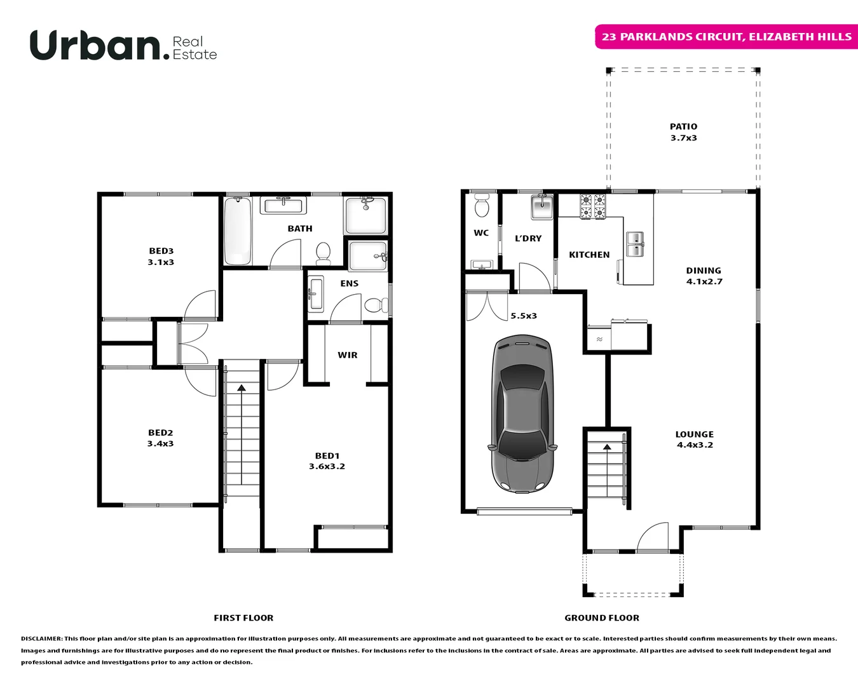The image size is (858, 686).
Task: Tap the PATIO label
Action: pos(683,127)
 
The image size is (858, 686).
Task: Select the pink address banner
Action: pos(726,37)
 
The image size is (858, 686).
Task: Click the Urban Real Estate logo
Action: pos(123,46)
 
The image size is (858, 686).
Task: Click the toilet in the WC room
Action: pos(482,206)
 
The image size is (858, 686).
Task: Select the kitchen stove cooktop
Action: pos(592,206)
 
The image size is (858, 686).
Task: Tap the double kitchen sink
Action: pos(635,244)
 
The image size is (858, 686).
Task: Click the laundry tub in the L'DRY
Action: pos(541,206)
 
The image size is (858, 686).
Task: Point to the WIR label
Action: pos(348,355)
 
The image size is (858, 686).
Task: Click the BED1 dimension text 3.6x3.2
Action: pos(327,466)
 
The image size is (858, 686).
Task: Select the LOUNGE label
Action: pos(694,434)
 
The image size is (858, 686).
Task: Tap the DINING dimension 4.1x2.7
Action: pos(704,281)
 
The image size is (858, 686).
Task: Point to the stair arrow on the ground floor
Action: pos(607,447)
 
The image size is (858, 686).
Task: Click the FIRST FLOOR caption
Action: pos(243,617)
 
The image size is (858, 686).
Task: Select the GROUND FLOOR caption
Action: pos(602,617)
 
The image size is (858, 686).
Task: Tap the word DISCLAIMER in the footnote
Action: pos(41,638)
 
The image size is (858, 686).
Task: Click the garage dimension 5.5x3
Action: pos(524,316)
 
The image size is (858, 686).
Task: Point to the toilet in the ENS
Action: pos(376,306)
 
